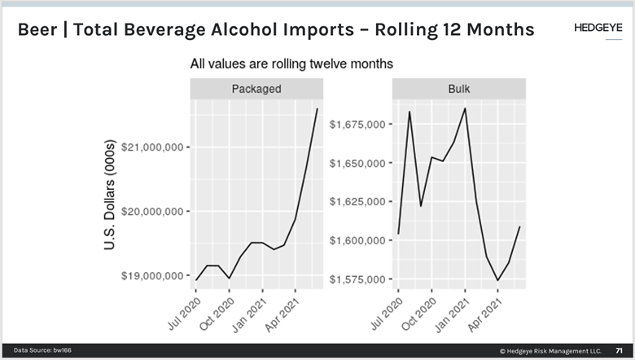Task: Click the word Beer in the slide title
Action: pyautogui.click(x=40, y=30)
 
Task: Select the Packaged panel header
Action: pyautogui.click(x=256, y=89)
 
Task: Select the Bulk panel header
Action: pyautogui.click(x=458, y=89)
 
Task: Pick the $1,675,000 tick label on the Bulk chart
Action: pyautogui.click(x=357, y=125)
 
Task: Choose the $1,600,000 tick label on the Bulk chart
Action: pyautogui.click(x=357, y=241)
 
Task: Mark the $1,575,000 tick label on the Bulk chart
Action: pyautogui.click(x=357, y=280)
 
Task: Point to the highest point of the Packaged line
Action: pyautogui.click(x=317, y=108)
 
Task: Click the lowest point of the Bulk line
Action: pyautogui.click(x=497, y=281)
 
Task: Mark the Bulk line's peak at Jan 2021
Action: pyautogui.click(x=464, y=108)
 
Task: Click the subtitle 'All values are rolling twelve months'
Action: pyautogui.click(x=291, y=63)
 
